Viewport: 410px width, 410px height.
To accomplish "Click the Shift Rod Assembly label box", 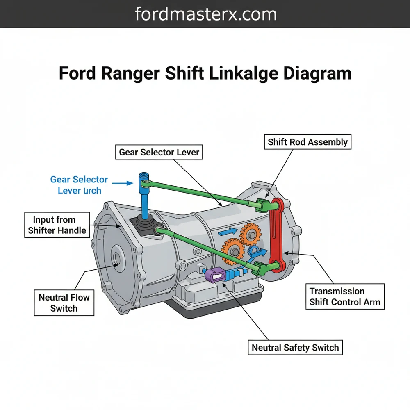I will click(x=307, y=142).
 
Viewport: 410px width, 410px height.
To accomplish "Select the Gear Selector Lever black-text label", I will click(x=159, y=152).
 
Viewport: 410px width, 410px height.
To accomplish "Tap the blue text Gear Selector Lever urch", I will click(x=79, y=185).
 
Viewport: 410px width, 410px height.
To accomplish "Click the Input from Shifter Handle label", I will click(x=57, y=225).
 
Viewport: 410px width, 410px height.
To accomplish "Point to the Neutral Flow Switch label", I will click(x=64, y=303).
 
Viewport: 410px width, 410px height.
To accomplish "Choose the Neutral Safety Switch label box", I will click(x=295, y=348).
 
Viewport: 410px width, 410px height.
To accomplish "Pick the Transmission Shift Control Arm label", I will click(x=345, y=297).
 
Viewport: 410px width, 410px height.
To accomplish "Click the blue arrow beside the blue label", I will click(x=123, y=183).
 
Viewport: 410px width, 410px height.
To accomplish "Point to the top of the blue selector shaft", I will click(x=143, y=177).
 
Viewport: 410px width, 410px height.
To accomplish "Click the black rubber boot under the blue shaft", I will click(x=146, y=226).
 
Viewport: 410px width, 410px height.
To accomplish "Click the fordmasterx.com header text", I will click(x=205, y=14).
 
